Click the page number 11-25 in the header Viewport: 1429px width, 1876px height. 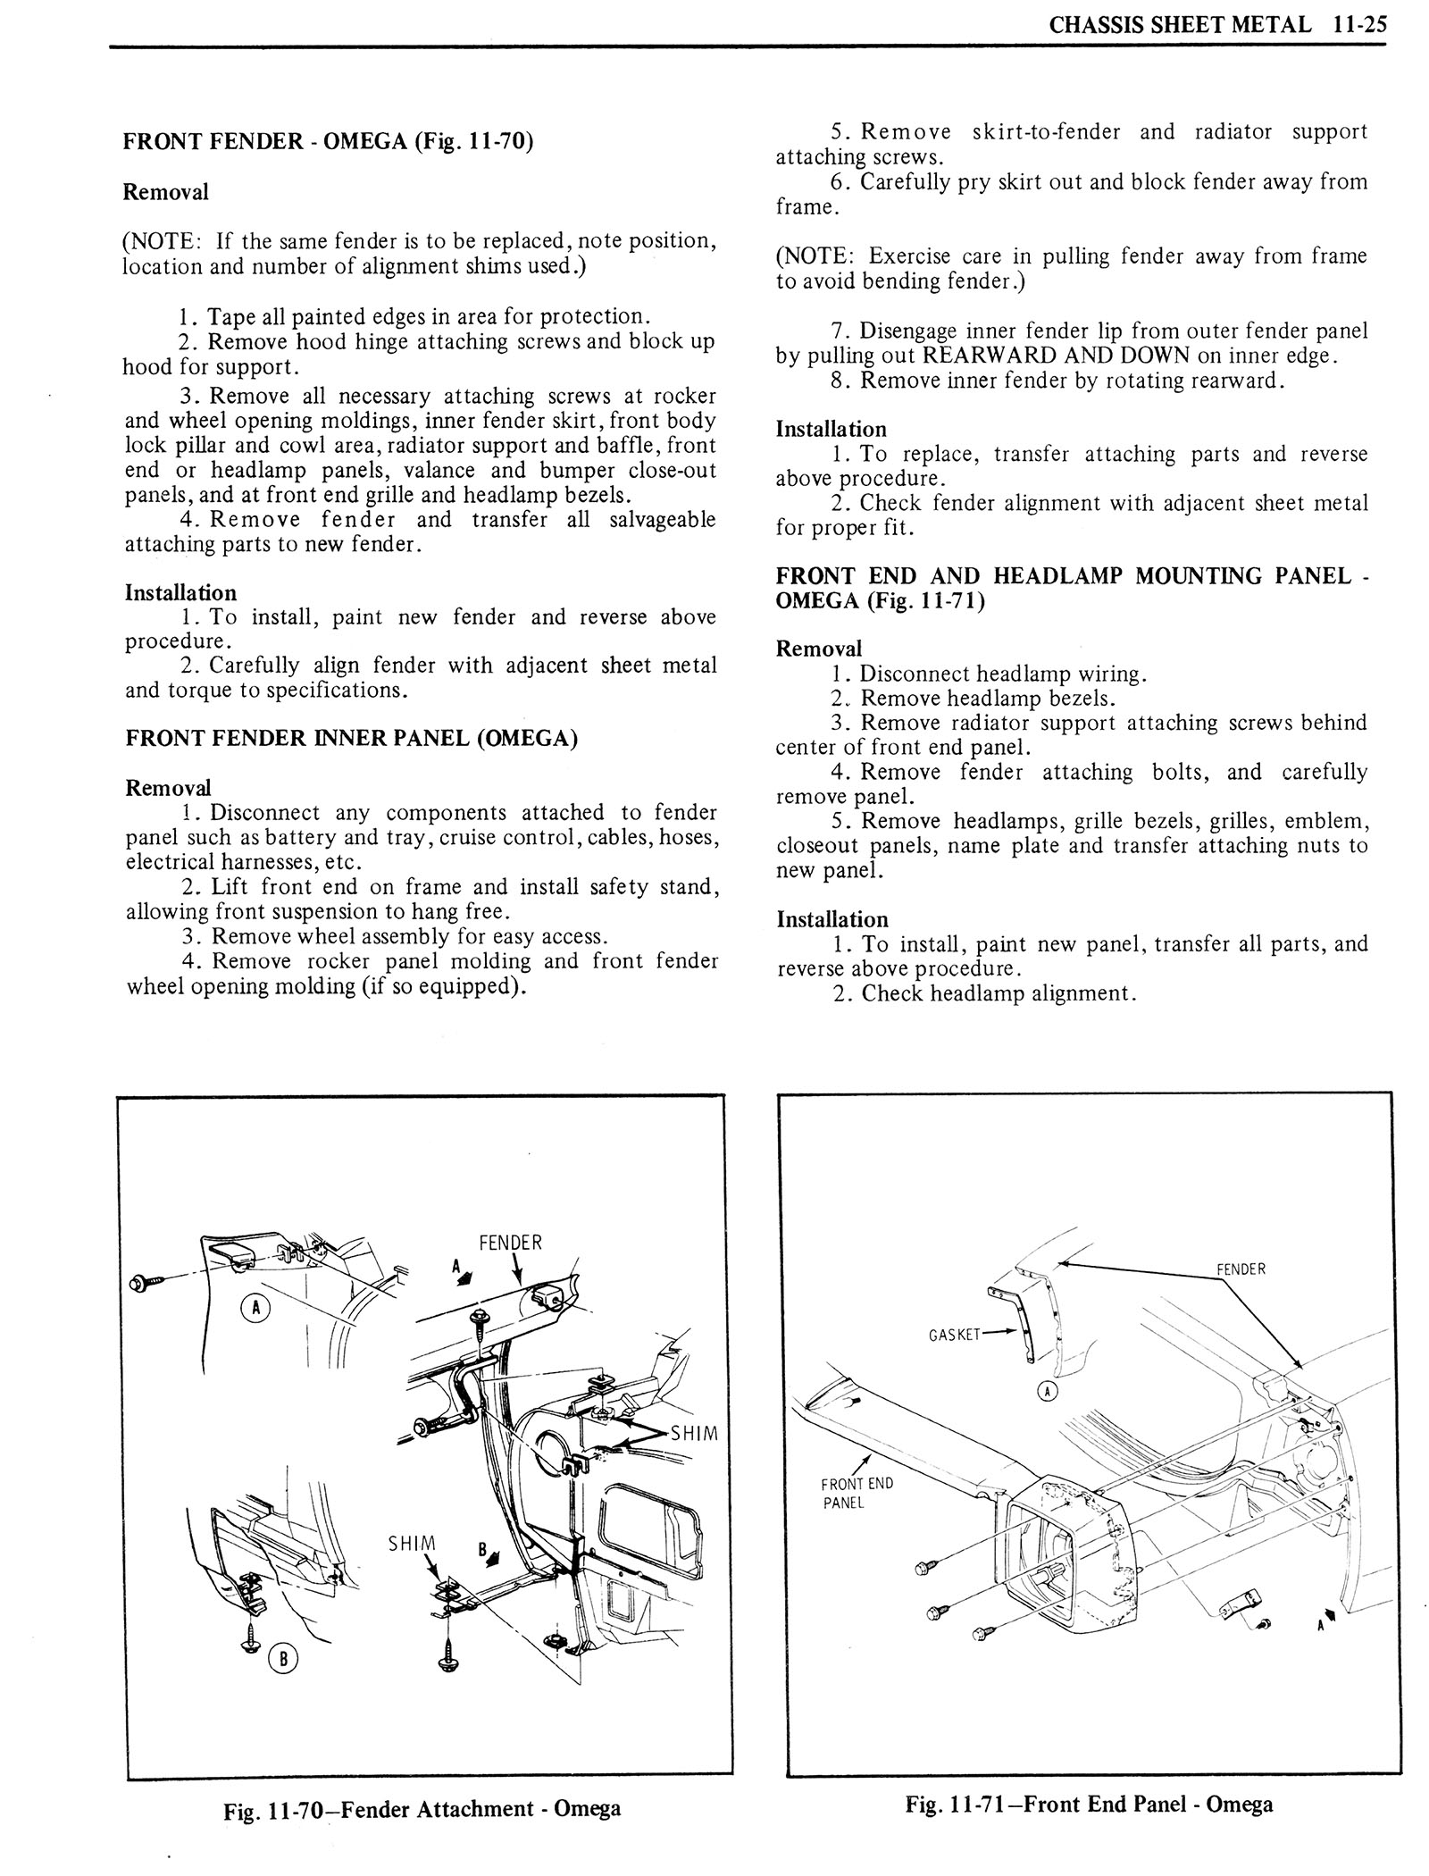(x=1356, y=24)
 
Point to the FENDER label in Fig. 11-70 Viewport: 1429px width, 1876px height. (x=510, y=1243)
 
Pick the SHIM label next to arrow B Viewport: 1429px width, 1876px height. (x=412, y=1543)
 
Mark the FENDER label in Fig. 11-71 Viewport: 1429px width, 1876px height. (x=1241, y=1269)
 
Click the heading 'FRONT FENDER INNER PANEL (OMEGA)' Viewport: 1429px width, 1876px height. (x=351, y=739)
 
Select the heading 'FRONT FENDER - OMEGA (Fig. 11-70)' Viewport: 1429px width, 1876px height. (x=328, y=142)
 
